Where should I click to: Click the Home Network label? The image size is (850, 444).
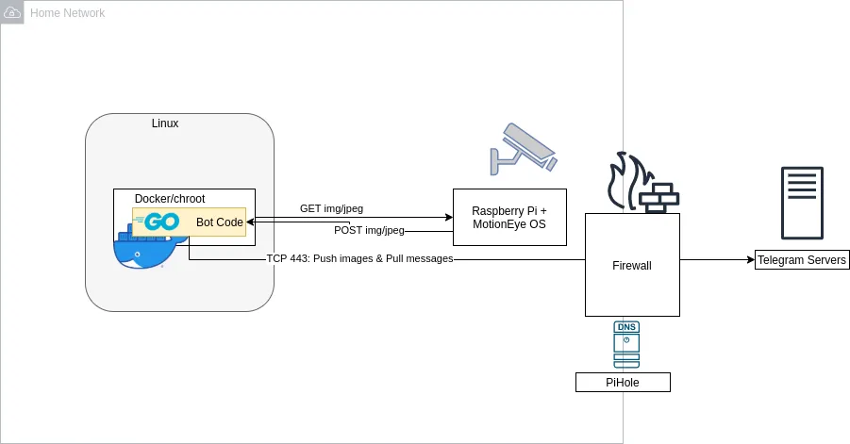tap(67, 13)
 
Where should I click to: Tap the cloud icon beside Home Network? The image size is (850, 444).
tap(13, 12)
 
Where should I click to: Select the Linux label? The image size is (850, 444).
tap(165, 123)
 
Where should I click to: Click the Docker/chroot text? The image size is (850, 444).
tap(170, 199)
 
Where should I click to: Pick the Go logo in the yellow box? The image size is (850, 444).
tap(158, 222)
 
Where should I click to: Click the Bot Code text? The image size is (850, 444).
tap(220, 222)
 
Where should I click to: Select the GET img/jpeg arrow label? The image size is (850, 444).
tap(331, 208)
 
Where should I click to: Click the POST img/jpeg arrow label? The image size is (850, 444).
tap(369, 230)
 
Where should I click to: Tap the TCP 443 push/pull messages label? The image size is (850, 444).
tap(359, 258)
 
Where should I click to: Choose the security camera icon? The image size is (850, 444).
tap(522, 149)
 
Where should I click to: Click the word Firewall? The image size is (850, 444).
tap(632, 266)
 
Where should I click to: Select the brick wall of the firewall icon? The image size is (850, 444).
tap(659, 197)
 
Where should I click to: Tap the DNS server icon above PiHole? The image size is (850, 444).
tap(625, 345)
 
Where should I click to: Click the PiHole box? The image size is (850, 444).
tap(623, 383)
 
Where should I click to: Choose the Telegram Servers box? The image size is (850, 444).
tap(802, 260)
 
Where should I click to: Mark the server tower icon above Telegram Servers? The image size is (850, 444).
tap(802, 204)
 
